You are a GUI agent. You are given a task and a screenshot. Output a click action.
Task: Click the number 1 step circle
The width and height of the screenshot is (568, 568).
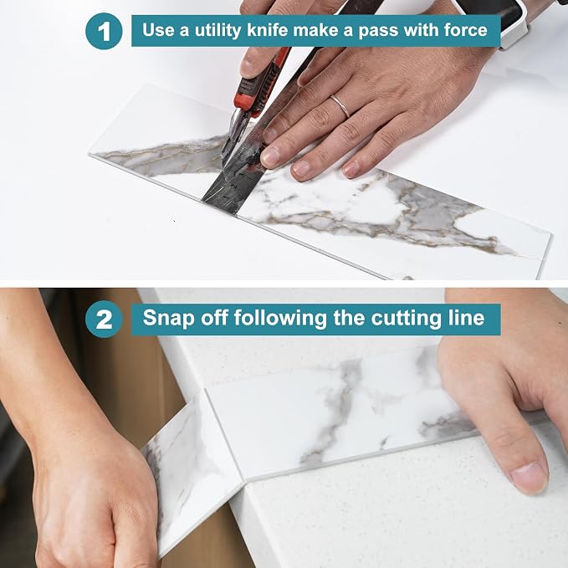[x=104, y=31]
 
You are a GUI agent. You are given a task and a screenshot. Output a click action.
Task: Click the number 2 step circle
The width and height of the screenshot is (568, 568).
[x=104, y=320]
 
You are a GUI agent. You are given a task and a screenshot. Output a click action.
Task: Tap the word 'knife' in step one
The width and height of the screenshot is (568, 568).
[x=268, y=30]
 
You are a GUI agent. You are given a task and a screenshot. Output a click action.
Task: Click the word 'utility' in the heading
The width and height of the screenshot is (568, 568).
[x=217, y=30]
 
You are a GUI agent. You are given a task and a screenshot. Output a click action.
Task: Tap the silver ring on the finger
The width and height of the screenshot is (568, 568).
[x=340, y=105]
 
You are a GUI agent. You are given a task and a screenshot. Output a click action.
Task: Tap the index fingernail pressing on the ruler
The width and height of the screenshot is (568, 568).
[x=270, y=157]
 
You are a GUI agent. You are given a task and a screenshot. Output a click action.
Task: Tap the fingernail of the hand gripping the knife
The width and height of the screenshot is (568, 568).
[x=248, y=64]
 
